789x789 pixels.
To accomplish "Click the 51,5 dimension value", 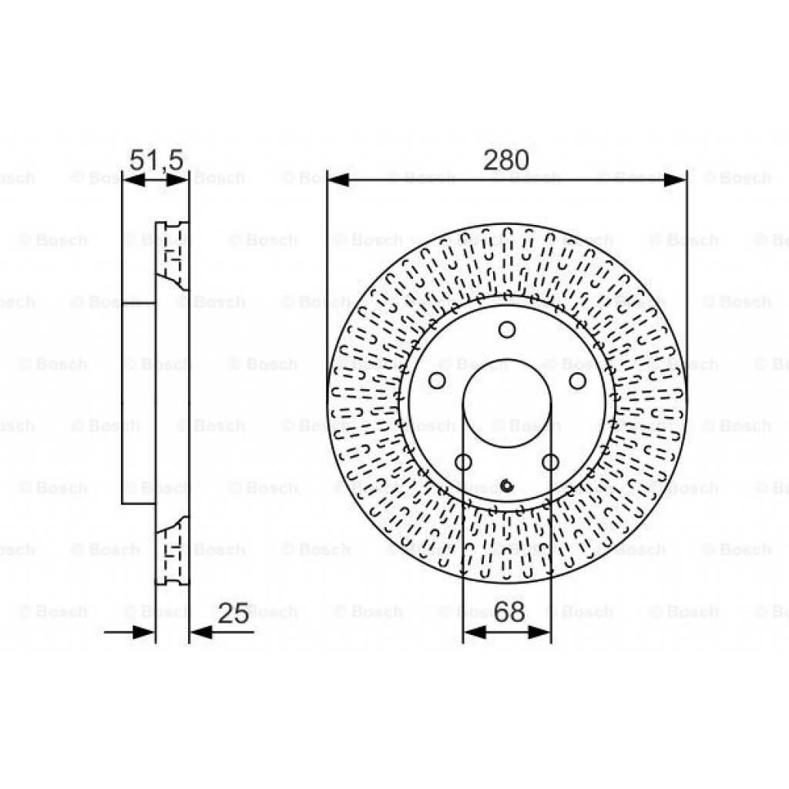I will [x=156, y=160].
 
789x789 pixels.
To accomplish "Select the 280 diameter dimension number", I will [x=506, y=160].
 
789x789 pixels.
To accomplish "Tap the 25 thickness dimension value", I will [x=233, y=613].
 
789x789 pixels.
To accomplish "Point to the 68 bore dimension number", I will [x=508, y=613].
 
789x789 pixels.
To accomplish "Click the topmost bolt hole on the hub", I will [x=506, y=330].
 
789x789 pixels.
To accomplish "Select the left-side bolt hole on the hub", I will [x=437, y=381].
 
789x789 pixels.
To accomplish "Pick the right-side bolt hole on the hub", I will [x=576, y=381].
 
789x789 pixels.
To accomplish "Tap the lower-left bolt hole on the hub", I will [x=463, y=462].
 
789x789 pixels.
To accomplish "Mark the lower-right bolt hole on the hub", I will [x=550, y=462].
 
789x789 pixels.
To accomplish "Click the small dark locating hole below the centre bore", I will [x=506, y=485].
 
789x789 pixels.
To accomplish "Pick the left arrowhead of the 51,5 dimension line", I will [x=133, y=180].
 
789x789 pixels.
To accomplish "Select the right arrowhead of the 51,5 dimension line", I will [x=178, y=180].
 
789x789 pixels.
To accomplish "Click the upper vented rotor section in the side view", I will [x=172, y=254].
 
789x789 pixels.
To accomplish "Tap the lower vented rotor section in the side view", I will [x=172, y=551].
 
